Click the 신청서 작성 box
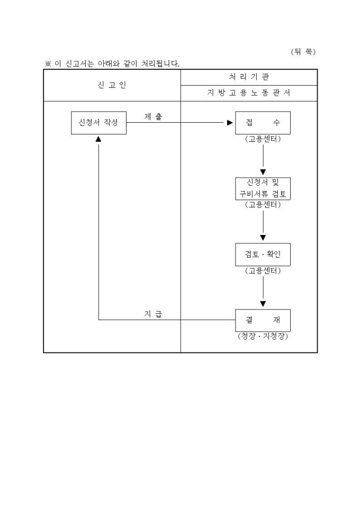coord(98,123)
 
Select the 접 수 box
coord(263,123)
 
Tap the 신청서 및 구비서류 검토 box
coord(263,188)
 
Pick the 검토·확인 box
coord(263,254)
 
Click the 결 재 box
coord(263,320)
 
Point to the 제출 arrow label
coord(153,116)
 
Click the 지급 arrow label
coord(153,314)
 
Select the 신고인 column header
coord(112,85)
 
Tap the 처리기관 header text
coord(248,77)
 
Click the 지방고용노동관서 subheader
coord(249,93)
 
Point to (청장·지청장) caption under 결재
coord(263,337)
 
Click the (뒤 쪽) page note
coord(303,51)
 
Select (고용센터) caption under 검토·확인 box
coord(263,271)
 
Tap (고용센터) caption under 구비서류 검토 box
coord(263,205)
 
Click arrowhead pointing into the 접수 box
coord(230,123)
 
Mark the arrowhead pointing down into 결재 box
coord(263,304)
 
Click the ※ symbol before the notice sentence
coord(47,64)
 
